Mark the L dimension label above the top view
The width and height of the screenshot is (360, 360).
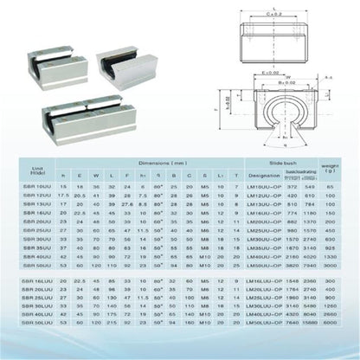pyautogui.click(x=276, y=6)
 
